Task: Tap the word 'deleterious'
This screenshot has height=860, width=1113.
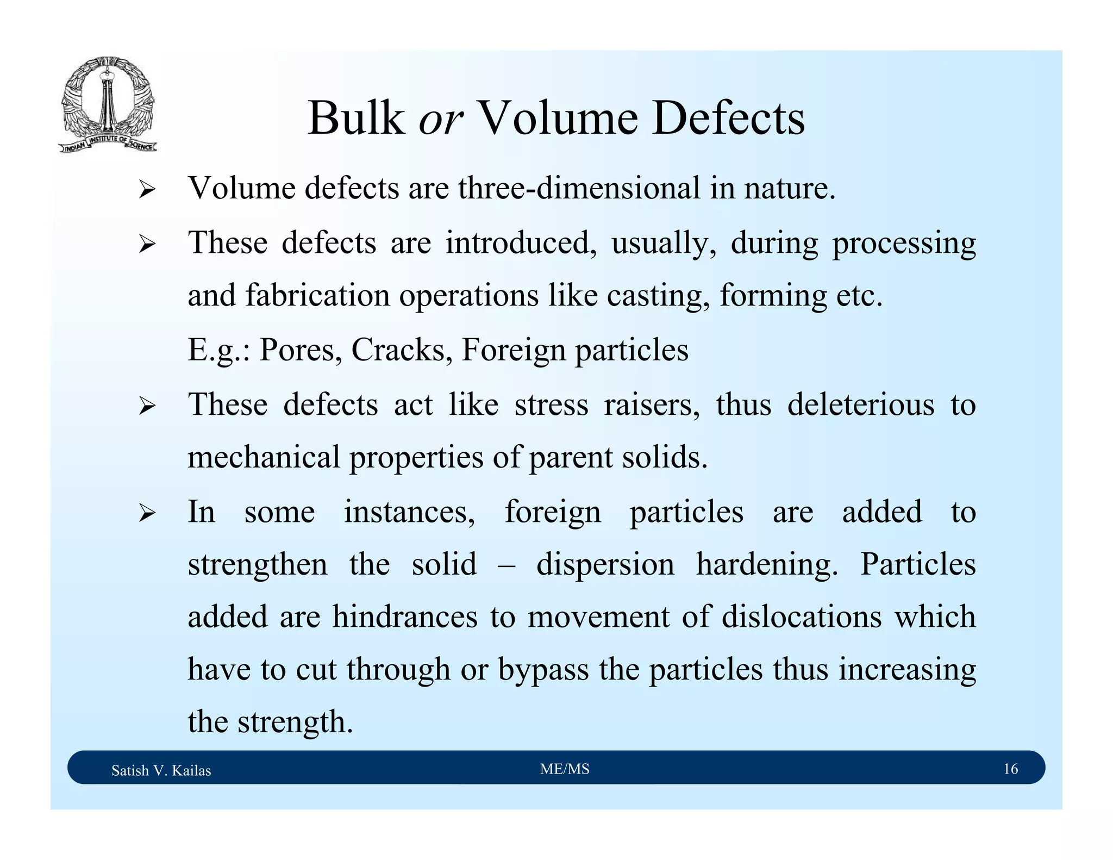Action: coord(861,404)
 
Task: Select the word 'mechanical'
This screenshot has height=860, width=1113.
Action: coord(264,457)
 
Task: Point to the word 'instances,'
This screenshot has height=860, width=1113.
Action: coord(409,512)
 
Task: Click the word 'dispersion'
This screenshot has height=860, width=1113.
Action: coord(605,564)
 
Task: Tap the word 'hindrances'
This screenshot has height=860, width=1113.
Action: coord(404,616)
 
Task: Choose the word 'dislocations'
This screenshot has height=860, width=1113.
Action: coord(802,616)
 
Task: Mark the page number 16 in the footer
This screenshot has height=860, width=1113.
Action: coord(1010,769)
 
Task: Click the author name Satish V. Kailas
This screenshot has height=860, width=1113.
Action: coord(161,770)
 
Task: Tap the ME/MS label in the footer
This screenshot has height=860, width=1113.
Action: coord(565,769)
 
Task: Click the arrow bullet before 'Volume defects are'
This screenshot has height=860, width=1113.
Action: coord(147,190)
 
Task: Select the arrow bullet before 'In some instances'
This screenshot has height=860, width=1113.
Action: coord(147,513)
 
